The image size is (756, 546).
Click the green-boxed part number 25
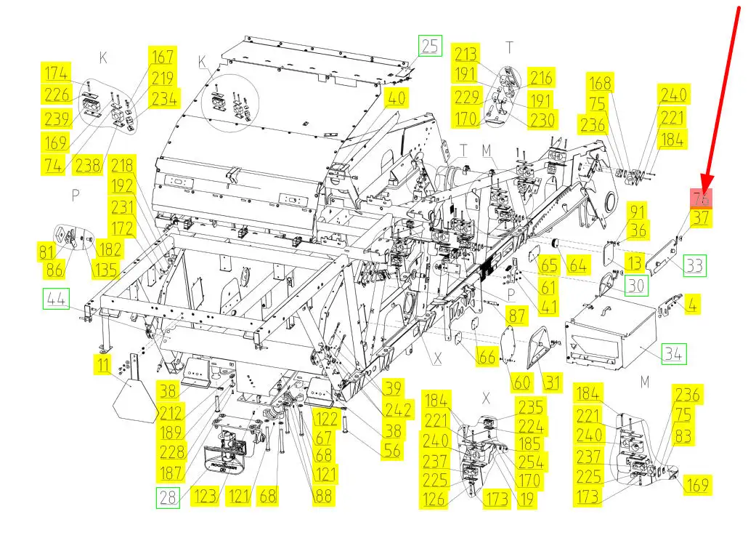point(430,47)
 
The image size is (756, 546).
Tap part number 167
point(163,57)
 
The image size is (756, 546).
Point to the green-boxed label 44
point(54,298)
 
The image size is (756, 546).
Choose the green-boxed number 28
point(167,498)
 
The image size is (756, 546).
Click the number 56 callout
point(391,450)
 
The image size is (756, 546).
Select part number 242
point(399,409)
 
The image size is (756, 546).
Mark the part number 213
point(466,54)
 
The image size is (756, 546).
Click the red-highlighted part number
point(702,198)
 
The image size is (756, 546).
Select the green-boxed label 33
point(694,265)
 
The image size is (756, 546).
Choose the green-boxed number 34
point(674,356)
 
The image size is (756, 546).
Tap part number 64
point(578,265)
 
